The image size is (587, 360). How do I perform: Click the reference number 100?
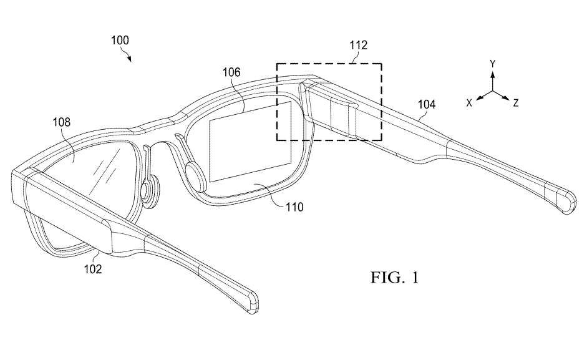[x=120, y=41]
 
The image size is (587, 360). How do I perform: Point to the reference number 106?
[x=231, y=72]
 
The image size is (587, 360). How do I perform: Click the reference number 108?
[x=61, y=124]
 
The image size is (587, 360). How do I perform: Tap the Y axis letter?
[x=492, y=64]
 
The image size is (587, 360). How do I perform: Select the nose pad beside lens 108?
[x=150, y=191]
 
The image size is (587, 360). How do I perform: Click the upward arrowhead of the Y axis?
[x=492, y=74]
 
